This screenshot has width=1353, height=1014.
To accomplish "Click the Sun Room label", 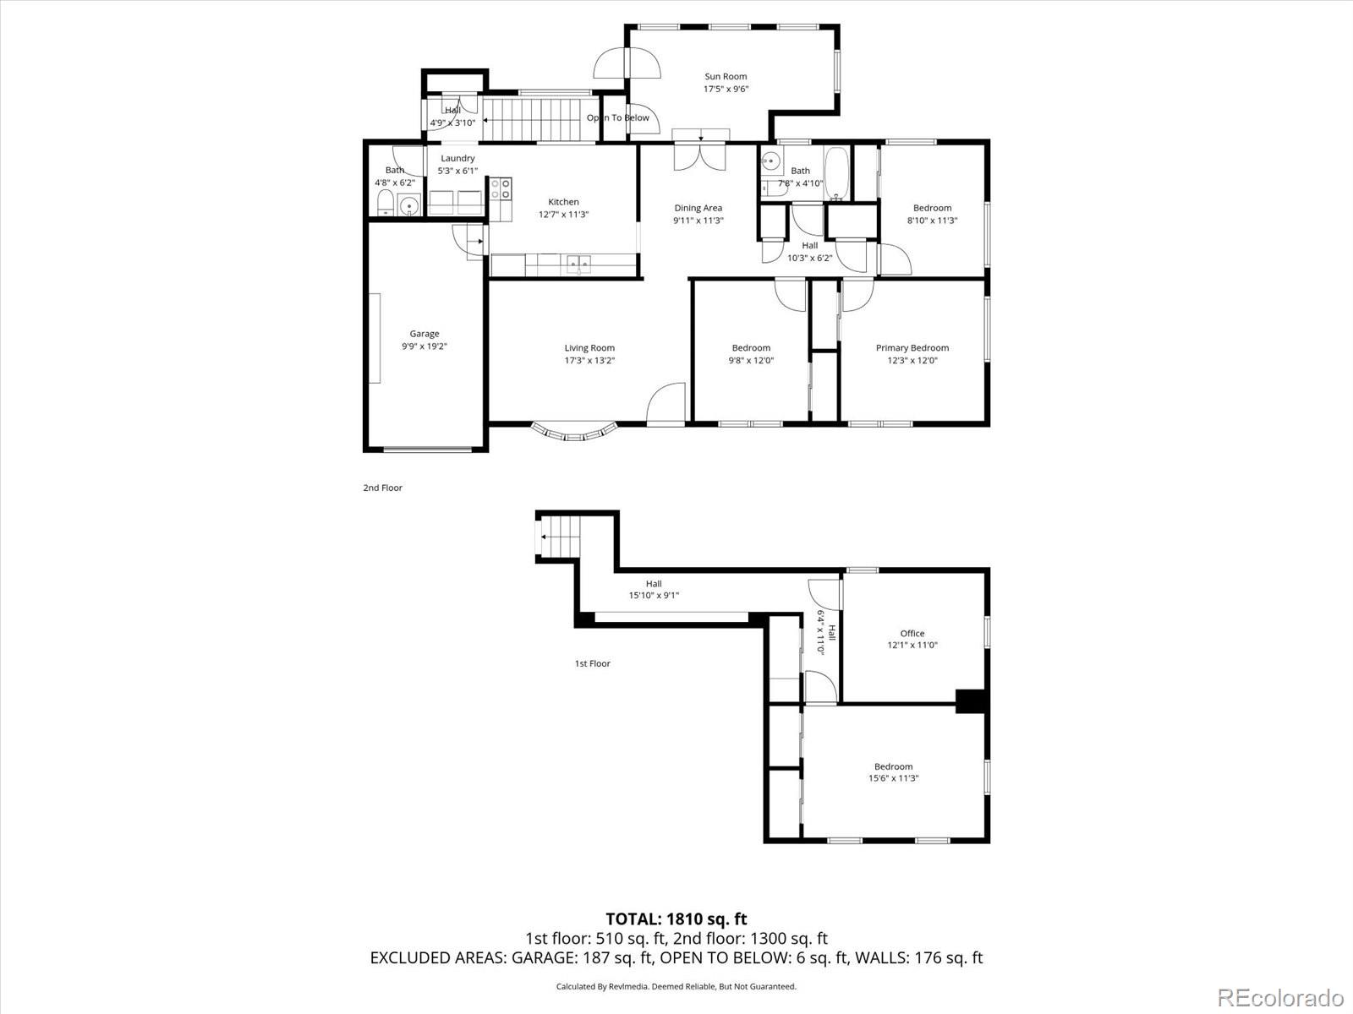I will (726, 76).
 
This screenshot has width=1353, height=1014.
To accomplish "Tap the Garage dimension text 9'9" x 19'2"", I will (424, 346).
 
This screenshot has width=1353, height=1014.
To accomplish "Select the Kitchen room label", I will (563, 202).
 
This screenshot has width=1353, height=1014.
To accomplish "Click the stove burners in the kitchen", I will (500, 188).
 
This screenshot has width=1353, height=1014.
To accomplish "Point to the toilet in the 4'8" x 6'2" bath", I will (385, 203).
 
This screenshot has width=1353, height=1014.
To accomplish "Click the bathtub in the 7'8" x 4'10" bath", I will (837, 174).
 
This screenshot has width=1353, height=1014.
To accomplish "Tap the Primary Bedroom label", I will (912, 347).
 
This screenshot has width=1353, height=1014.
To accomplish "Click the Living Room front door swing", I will (667, 404).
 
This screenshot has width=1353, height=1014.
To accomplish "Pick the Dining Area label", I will (698, 208).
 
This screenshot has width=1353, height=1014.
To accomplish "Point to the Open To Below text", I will (618, 117).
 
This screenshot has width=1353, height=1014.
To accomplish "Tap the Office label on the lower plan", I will (912, 633).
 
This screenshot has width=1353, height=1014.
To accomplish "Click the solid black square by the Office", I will (970, 701).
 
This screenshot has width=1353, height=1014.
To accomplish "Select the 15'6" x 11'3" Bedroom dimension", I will (893, 778).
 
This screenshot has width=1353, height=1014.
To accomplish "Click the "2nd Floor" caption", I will (382, 488).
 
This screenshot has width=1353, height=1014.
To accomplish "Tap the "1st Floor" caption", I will (592, 663).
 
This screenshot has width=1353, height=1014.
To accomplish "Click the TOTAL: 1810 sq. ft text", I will (676, 919).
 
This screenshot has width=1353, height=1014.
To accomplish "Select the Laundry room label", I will (457, 158).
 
